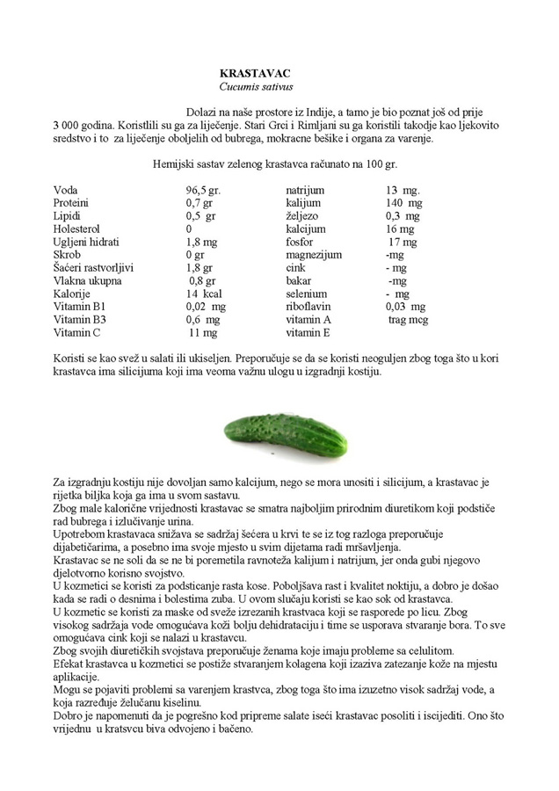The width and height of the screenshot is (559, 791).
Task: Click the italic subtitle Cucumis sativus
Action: coord(256,88)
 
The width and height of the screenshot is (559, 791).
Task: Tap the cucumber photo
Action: coord(285,430)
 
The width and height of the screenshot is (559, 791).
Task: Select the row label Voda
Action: coord(66,190)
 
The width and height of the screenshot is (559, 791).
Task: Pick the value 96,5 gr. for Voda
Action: coord(202,190)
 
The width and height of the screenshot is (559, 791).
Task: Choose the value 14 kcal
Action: coord(201,294)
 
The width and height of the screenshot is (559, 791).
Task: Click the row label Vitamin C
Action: coord(77,333)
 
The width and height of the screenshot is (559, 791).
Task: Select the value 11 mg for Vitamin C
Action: coord(203,333)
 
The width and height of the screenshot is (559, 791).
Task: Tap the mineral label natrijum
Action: coord(305,190)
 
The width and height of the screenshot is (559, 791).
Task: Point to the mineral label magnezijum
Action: coord(314,255)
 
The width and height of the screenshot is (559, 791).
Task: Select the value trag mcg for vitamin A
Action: coord(408,320)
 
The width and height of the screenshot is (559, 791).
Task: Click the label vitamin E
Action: coord(308,333)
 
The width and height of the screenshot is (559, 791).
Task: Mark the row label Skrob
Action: coord(68,255)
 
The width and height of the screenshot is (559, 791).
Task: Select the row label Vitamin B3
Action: coord(80,320)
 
